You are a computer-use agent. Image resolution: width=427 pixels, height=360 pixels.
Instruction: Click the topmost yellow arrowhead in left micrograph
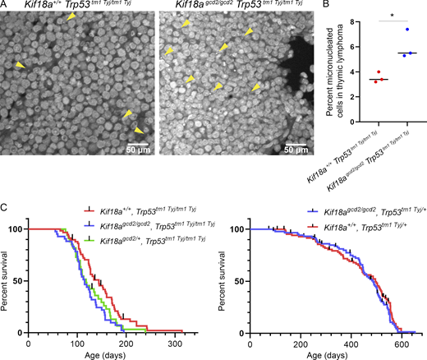[x=71, y=17]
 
